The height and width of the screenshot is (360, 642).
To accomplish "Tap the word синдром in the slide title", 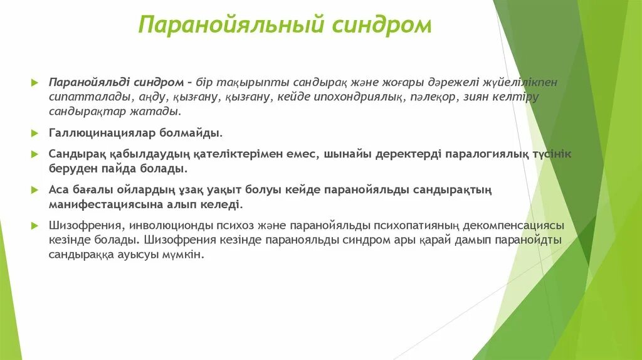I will tap(382, 25).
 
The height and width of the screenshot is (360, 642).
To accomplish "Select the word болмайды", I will tap(194, 133).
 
